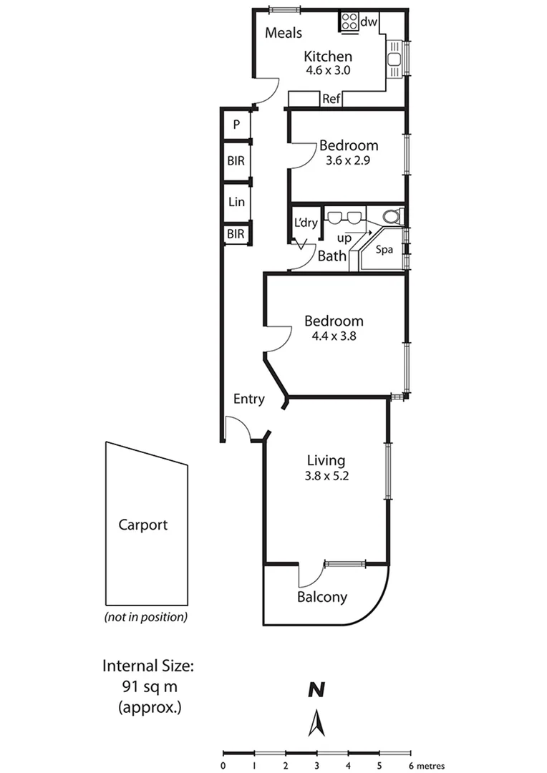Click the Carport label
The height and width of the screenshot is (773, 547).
coord(142,525)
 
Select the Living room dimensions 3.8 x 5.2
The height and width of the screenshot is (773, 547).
coord(326,475)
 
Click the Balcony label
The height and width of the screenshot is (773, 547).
coord(322,597)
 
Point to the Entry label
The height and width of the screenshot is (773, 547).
coord(249,399)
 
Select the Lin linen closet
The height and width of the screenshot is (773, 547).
coord(236,203)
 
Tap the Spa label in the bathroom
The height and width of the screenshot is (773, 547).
coord(385,250)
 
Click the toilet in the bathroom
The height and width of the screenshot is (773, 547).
coord(391,217)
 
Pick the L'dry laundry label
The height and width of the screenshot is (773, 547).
coord(306,223)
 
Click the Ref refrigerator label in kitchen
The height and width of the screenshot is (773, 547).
coord(331,99)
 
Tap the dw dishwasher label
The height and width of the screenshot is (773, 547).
coord(369,22)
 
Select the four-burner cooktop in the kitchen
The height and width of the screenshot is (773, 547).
coord(349,21)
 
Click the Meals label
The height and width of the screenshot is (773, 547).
coord(284,33)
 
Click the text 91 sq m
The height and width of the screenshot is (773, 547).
coord(148,686)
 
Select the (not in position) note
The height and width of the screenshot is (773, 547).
coord(146,616)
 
